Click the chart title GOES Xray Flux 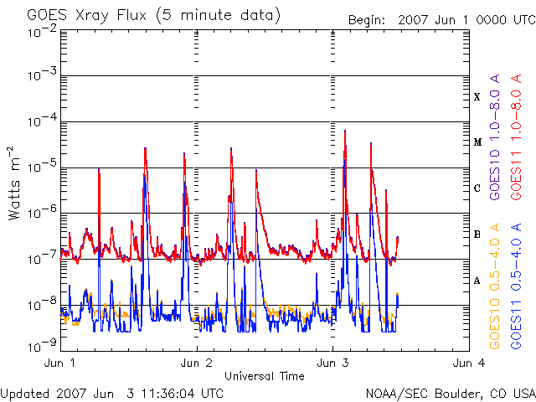tap(87, 16)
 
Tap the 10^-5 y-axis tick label tap(43, 167)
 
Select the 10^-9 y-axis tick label tap(43, 347)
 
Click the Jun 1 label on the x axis tap(59, 363)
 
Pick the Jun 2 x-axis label tap(196, 363)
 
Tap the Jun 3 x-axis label tap(332, 363)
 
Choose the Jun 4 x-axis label tap(469, 363)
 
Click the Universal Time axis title tap(265, 376)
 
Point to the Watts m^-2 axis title tap(14, 183)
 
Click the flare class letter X tap(477, 97)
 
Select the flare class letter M tap(477, 142)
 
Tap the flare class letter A tap(477, 281)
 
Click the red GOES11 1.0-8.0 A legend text tap(516, 137)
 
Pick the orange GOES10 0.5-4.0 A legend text tap(495, 286)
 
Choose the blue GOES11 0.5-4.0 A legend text tap(516, 286)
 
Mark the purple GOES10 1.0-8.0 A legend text tap(495, 137)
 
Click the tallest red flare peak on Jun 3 tap(345, 131)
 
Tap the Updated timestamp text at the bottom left tap(111, 394)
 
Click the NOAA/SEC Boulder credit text tap(451, 394)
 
